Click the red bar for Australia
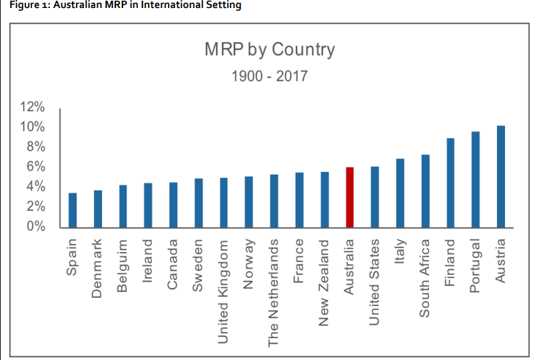coord(349,197)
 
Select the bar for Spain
coord(73,210)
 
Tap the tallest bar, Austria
coord(500,177)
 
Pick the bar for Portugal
coord(476,179)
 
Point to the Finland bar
coord(450,183)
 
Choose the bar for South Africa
coord(425,191)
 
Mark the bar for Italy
coord(400,193)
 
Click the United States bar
coord(374,197)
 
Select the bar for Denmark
coord(98,209)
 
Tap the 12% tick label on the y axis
coord(31,107)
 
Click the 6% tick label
coord(35,167)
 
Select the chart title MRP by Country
coord(269,49)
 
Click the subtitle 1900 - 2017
coord(269,76)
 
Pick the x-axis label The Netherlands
coord(273,293)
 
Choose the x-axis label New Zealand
coord(324,283)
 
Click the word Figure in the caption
coord(19,5)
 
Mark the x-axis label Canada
coord(173,264)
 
